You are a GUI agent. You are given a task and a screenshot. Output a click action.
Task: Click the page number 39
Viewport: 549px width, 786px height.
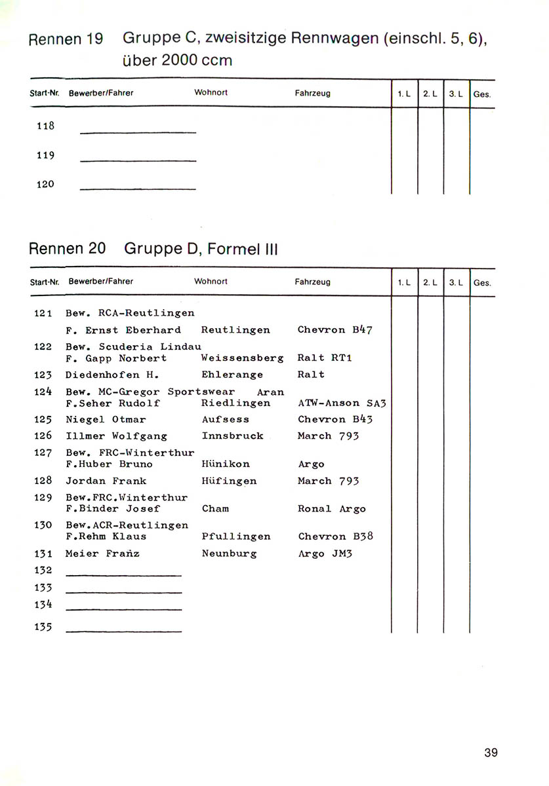click(x=491, y=752)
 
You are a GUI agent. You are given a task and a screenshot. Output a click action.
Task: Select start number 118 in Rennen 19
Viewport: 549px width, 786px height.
click(x=45, y=126)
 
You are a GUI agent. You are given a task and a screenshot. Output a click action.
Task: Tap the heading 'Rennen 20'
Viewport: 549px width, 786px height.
click(x=68, y=249)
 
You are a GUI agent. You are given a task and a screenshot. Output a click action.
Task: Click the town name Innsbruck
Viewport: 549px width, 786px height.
click(x=233, y=436)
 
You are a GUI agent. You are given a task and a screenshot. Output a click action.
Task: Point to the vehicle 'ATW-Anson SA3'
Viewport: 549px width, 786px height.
click(x=342, y=403)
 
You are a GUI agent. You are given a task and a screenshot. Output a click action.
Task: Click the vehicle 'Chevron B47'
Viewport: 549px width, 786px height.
click(x=335, y=329)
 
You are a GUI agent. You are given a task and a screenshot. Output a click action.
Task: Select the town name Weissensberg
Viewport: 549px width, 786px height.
click(x=242, y=358)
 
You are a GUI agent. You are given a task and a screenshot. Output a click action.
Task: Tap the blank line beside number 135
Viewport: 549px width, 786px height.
click(x=123, y=631)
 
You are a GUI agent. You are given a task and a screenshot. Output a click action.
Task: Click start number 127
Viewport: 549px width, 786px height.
click(x=43, y=453)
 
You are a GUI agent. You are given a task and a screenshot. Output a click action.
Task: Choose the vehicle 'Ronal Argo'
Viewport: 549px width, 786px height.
click(x=331, y=509)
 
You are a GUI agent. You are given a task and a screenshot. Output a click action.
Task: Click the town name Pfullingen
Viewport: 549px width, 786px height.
click(x=236, y=536)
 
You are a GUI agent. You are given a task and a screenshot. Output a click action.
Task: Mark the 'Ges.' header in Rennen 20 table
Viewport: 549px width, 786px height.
click(x=481, y=283)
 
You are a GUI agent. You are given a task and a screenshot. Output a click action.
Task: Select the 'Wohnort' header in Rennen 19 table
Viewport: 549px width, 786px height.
click(x=211, y=93)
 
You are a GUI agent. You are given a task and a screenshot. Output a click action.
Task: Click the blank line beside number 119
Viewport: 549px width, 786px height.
click(x=138, y=160)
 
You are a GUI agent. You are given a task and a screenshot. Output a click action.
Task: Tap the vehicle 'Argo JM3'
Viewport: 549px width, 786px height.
click(x=325, y=553)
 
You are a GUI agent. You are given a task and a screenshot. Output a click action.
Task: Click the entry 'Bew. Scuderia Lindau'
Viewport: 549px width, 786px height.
click(x=133, y=346)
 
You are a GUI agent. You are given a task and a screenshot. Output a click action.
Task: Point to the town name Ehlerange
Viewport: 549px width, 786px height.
click(x=232, y=375)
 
